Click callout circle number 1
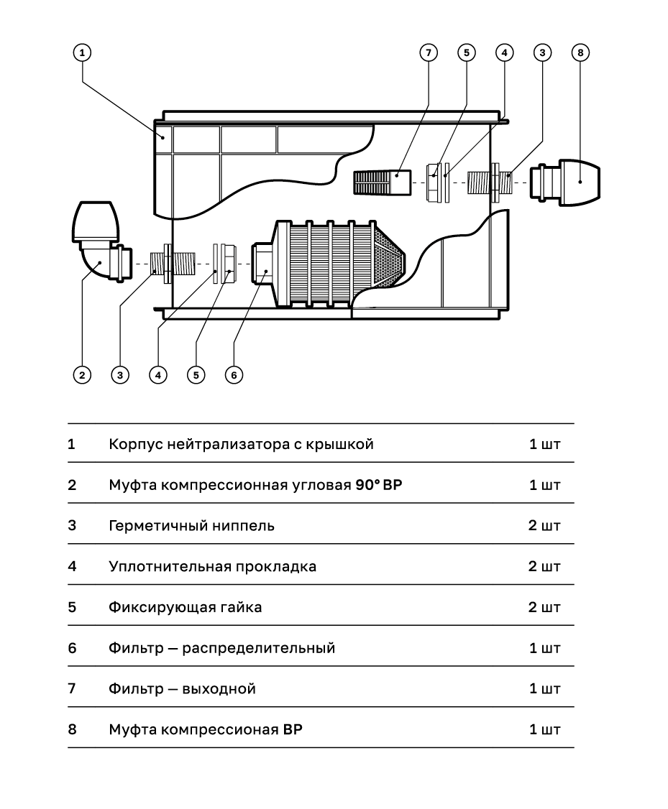pyautogui.click(x=82, y=52)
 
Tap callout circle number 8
pyautogui.click(x=580, y=52)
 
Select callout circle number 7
pyautogui.click(x=428, y=52)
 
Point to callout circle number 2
pyautogui.click(x=82, y=374)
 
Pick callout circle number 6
pyautogui.click(x=233, y=374)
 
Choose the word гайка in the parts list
pyautogui.click(x=241, y=607)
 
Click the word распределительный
pyautogui.click(x=258, y=648)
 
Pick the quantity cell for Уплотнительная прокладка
pyautogui.click(x=544, y=566)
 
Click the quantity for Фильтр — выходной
pyautogui.click(x=544, y=689)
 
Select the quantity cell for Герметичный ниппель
pyautogui.click(x=544, y=526)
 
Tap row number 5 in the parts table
pyautogui.click(x=72, y=607)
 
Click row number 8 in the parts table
pyautogui.click(x=72, y=730)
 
